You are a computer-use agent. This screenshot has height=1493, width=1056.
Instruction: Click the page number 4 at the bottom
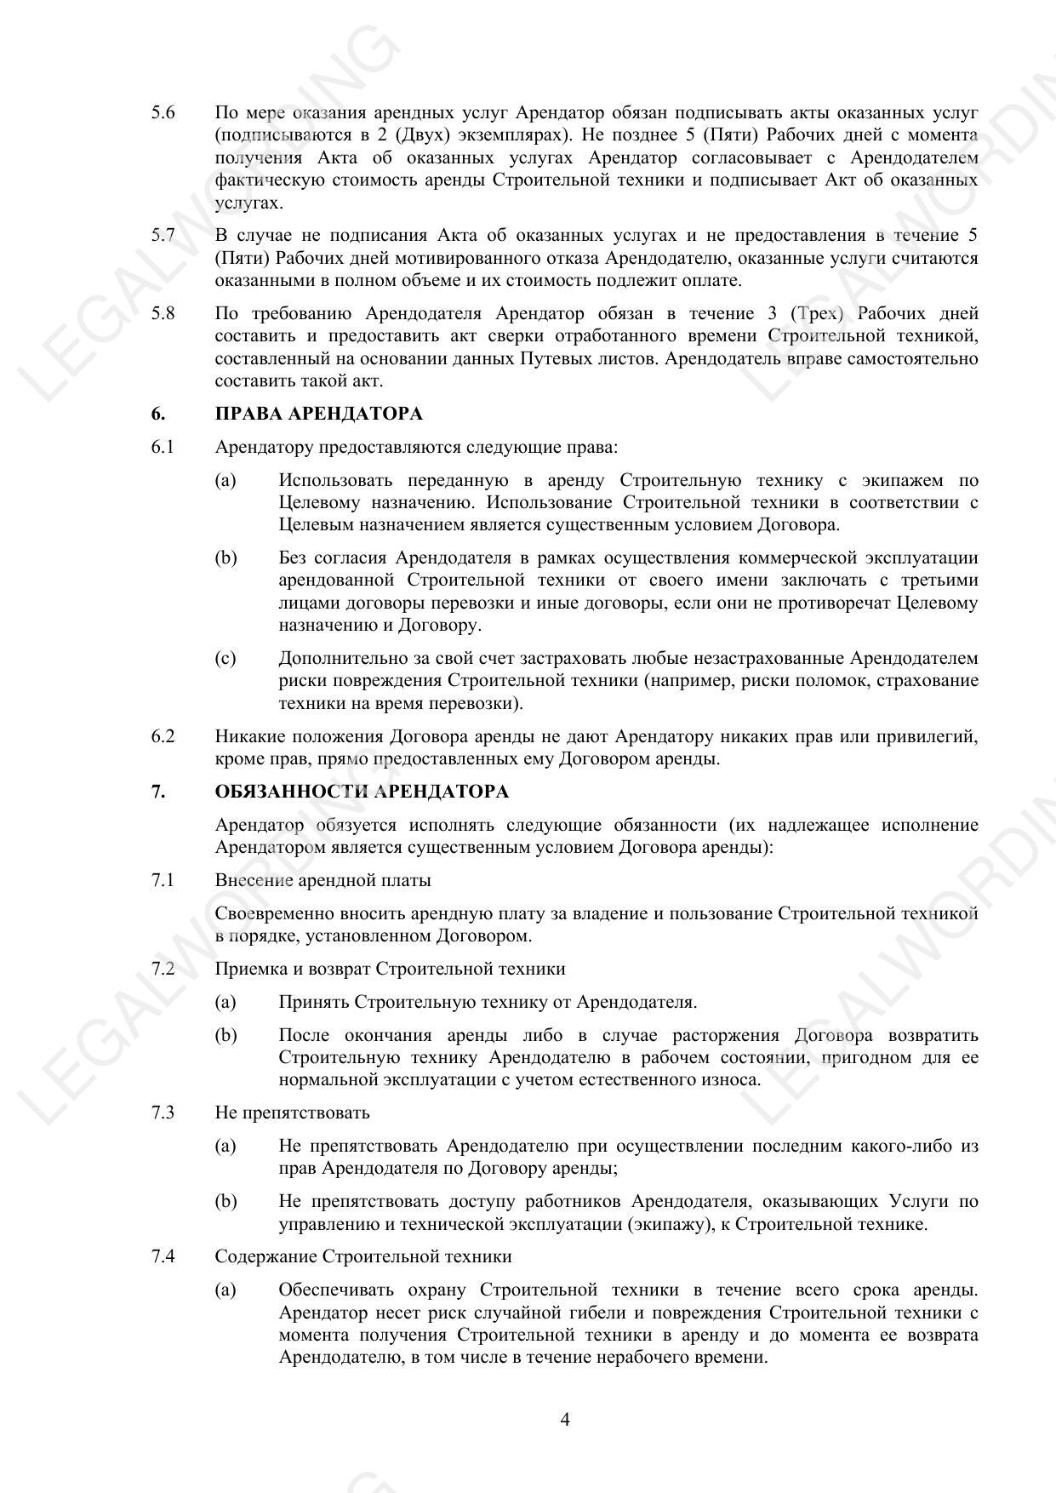click(565, 1419)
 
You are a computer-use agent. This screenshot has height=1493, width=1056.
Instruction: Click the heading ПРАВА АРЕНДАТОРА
click(318, 414)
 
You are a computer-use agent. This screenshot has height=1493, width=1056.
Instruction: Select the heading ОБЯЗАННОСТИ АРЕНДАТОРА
click(362, 792)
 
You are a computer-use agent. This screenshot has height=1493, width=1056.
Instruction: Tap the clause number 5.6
click(163, 112)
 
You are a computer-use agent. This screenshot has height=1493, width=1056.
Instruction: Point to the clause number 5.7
click(163, 235)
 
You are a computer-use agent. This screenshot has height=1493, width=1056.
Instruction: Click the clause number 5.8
click(163, 313)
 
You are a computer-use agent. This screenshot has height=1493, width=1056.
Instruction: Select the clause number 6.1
click(163, 447)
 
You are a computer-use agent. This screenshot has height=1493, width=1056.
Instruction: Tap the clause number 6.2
click(163, 736)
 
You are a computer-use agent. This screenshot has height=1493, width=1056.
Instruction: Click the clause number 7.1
click(163, 880)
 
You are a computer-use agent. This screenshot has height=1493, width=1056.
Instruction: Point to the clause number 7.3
click(163, 1113)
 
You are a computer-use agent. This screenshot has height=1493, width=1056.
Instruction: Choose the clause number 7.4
click(163, 1256)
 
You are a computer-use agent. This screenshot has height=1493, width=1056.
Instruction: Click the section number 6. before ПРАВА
click(158, 414)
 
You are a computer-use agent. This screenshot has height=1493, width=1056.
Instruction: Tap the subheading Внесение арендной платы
click(323, 880)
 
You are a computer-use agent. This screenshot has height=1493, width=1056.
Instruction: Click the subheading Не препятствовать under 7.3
click(292, 1113)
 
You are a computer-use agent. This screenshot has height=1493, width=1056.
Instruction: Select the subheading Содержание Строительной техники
click(363, 1256)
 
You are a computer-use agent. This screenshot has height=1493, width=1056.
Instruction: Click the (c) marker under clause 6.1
click(225, 658)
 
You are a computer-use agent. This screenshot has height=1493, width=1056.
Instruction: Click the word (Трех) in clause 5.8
click(816, 313)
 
